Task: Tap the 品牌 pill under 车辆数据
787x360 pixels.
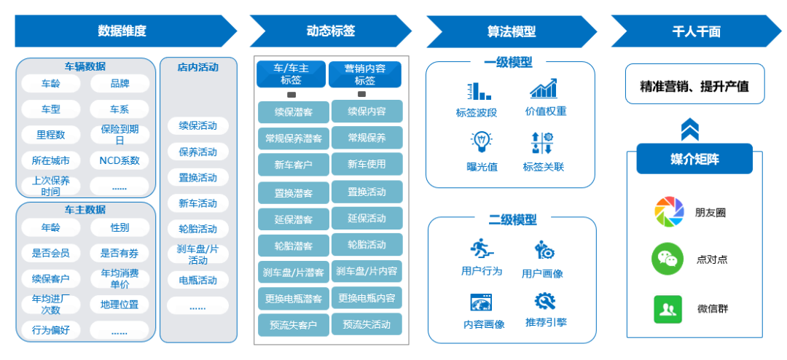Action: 120,84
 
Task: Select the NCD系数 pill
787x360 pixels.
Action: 120,160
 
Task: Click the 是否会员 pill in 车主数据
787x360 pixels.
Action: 50,253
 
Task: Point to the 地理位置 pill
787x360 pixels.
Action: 120,305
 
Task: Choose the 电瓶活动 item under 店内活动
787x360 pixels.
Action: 197,280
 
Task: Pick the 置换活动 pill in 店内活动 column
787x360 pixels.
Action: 197,178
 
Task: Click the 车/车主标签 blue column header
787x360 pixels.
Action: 291,74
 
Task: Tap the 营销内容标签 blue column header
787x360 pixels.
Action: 365,74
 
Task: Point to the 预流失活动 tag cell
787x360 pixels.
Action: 367,324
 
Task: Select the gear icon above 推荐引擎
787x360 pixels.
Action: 545,301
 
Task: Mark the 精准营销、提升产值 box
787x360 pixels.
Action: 694,86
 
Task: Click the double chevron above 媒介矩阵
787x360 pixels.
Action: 689,130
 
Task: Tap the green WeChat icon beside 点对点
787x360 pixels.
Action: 666,259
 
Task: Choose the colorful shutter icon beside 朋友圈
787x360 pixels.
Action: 669,212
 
